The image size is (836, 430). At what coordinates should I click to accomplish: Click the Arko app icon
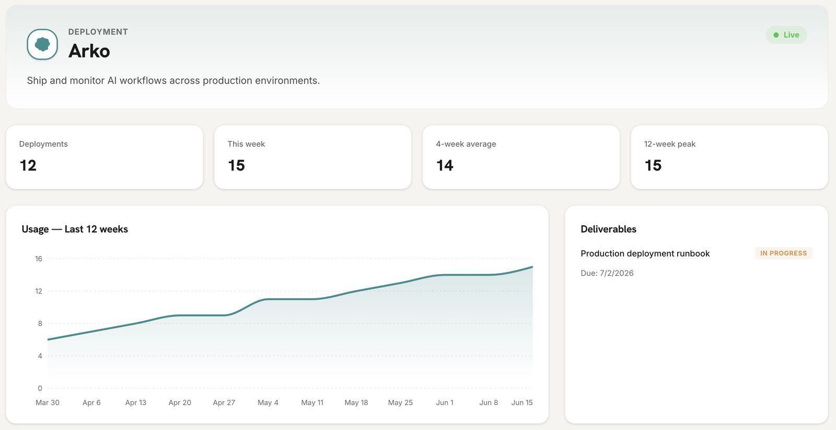point(42,44)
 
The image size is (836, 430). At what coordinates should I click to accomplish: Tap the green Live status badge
point(786,35)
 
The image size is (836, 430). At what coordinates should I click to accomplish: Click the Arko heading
point(89,51)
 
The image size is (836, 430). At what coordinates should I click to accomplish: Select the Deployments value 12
point(28,165)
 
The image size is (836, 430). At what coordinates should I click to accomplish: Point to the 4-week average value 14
point(445,165)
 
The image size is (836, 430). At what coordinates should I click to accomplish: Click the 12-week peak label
point(670,144)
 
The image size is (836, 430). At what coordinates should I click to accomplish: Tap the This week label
point(246,144)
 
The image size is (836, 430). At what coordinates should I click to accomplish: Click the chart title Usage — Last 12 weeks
point(75,229)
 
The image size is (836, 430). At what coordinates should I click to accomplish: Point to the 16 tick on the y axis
point(39,258)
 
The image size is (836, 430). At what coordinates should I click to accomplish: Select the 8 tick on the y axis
point(40,323)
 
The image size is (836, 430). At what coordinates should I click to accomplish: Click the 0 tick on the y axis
point(40,388)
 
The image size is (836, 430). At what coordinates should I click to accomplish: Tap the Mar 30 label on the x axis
point(48,402)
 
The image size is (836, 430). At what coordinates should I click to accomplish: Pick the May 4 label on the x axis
point(268,402)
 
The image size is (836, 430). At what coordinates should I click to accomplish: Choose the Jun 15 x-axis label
point(522,402)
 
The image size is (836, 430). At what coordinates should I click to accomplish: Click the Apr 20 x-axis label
point(180,402)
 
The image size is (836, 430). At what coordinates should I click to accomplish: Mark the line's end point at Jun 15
point(532,267)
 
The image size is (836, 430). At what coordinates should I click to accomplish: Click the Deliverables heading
point(608,229)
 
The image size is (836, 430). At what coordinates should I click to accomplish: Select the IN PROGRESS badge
point(783,253)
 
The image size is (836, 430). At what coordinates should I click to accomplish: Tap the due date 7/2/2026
point(617,273)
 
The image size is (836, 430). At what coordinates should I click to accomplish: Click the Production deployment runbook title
point(645,253)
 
